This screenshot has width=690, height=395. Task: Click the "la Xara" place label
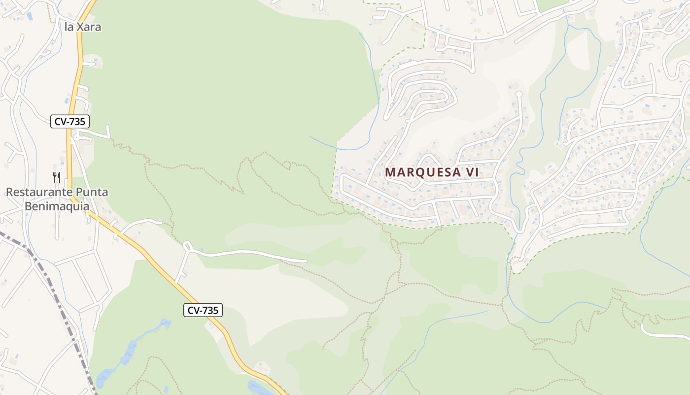(83, 27)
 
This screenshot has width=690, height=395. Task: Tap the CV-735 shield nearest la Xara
(69, 121)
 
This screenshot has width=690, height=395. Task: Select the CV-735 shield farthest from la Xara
(203, 310)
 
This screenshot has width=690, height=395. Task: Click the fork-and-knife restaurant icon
(57, 177)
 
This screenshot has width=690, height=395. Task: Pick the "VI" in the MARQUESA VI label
(472, 172)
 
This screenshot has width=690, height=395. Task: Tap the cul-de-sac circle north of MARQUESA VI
(518, 93)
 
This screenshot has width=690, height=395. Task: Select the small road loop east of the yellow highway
(187, 245)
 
